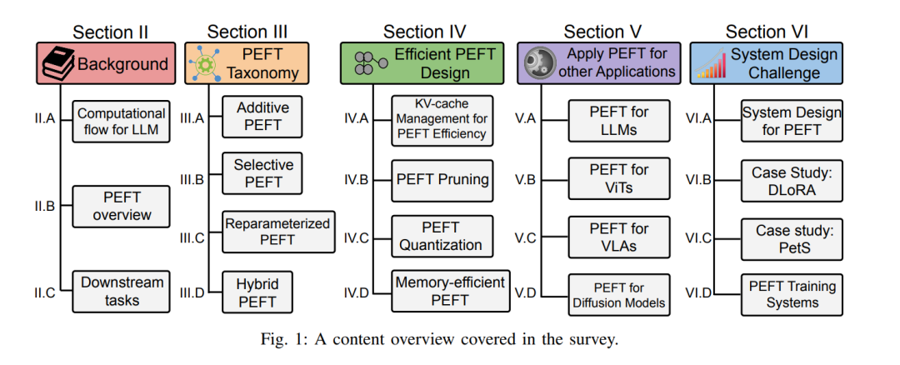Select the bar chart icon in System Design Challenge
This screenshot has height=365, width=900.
coord(711,63)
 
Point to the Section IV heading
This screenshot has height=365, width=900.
coord(425,32)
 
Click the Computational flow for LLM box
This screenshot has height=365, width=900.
coord(121,122)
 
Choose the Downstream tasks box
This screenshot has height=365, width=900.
coord(121,292)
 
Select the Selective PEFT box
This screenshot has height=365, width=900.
coord(262,173)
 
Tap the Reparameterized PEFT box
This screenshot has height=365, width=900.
coord(277,232)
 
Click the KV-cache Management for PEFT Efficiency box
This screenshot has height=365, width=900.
coord(442,119)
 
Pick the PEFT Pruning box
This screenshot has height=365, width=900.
coord(442,180)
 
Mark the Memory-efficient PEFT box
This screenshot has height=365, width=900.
coord(450,291)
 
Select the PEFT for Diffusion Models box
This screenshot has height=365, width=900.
coord(619,295)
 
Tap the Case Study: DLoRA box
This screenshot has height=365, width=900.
coord(792,181)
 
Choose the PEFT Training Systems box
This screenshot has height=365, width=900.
coord(792,294)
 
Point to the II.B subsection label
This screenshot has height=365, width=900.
coord(43,206)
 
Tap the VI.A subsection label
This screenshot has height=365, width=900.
coord(698,120)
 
